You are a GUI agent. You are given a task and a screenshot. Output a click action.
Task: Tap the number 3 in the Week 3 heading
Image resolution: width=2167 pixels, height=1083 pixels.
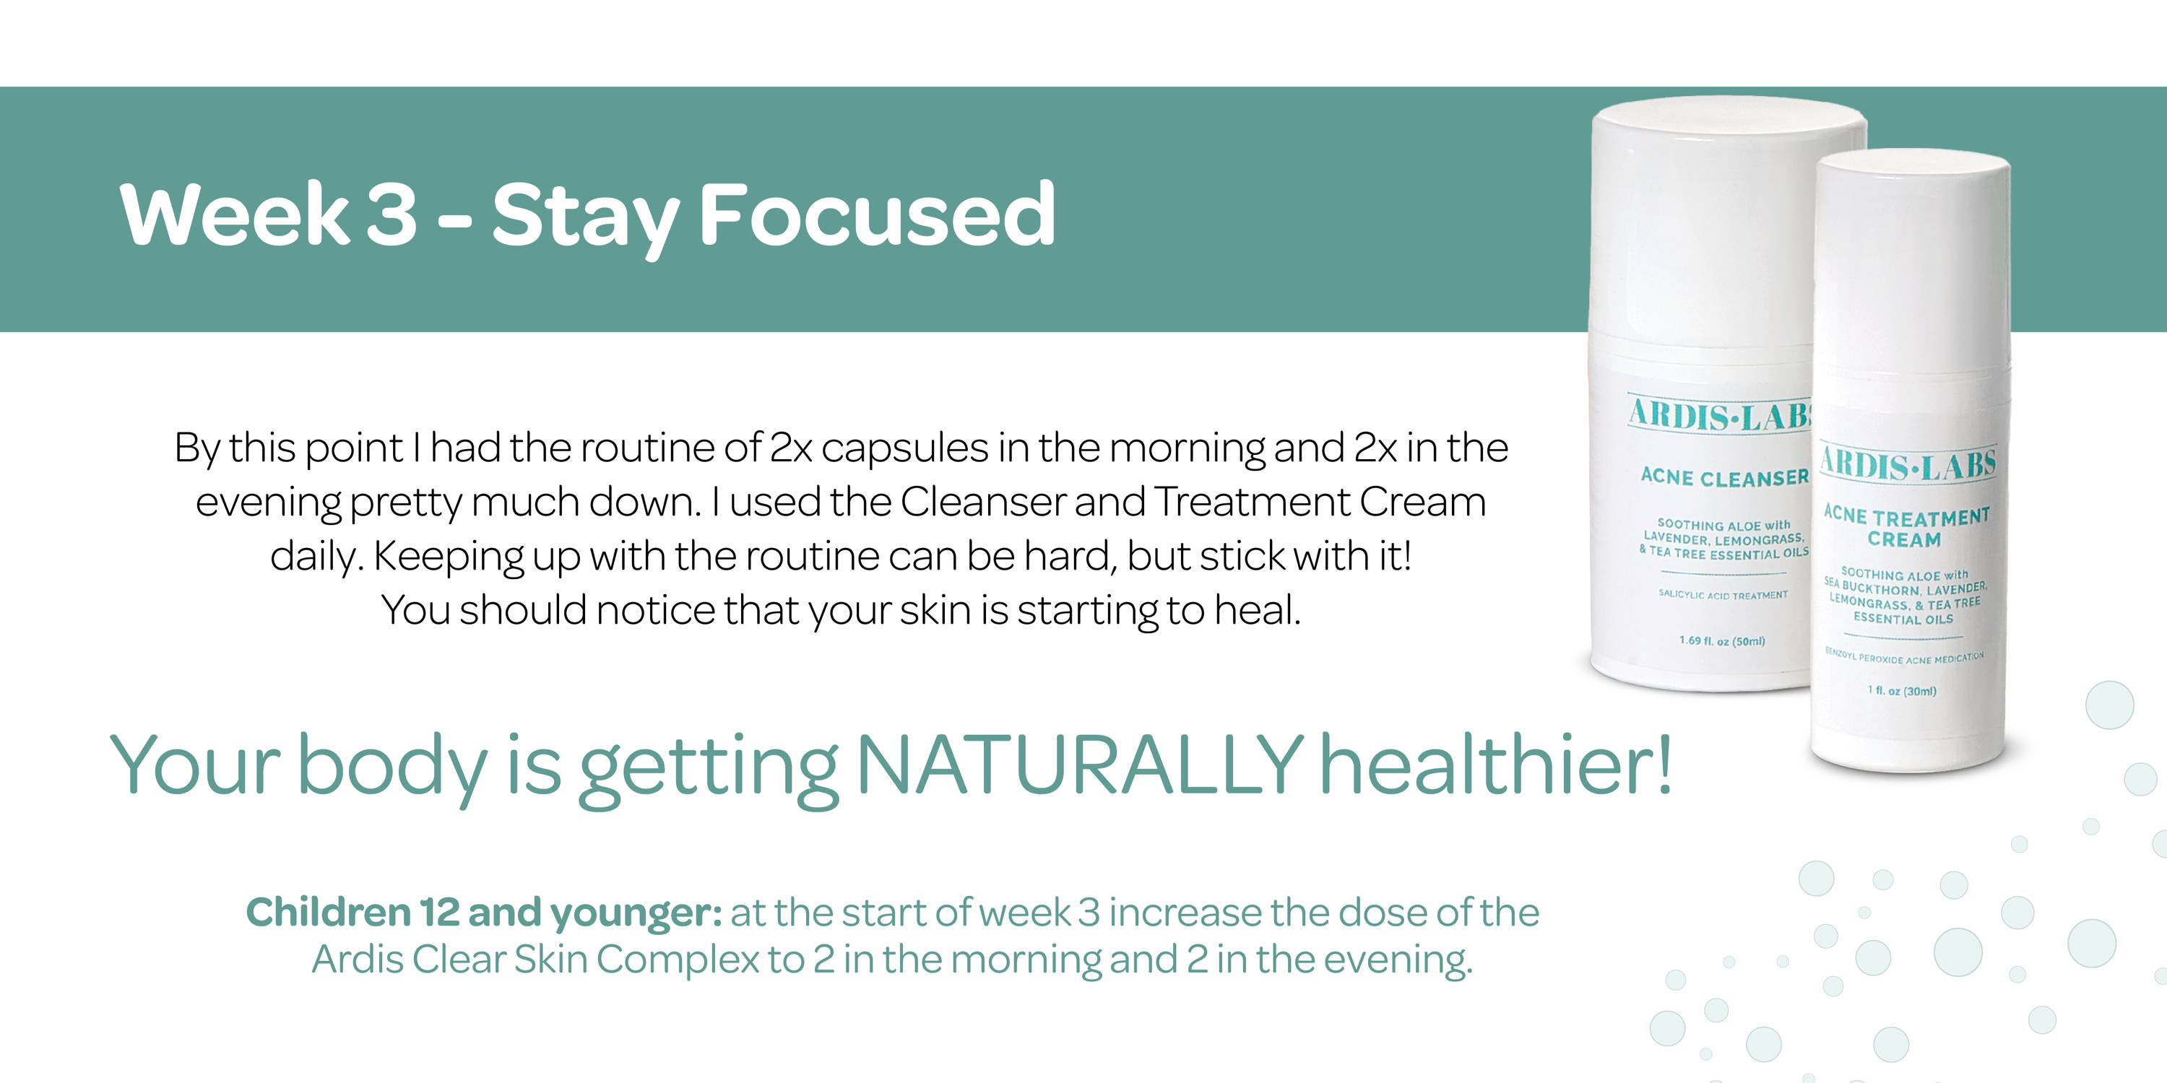(392, 214)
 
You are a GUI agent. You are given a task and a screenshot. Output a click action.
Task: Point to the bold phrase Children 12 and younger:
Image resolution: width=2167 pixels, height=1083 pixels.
(484, 913)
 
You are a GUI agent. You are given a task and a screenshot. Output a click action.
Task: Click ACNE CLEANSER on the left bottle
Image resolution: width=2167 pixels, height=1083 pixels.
(1724, 477)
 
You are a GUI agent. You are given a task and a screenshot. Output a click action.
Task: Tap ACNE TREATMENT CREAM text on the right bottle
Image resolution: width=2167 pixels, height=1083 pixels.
(1906, 526)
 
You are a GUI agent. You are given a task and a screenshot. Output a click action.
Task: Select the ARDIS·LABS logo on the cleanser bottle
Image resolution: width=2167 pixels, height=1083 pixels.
(1721, 414)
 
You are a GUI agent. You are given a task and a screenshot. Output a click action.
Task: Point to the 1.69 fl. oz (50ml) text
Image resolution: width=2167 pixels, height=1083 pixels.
(1722, 640)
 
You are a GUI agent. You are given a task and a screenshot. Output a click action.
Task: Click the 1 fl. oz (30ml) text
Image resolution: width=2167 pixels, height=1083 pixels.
(1902, 690)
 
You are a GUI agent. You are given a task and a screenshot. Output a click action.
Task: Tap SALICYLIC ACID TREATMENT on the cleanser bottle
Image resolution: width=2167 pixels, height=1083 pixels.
(1723, 594)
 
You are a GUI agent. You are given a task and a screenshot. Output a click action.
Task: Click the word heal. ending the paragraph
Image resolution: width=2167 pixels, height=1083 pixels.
(1258, 609)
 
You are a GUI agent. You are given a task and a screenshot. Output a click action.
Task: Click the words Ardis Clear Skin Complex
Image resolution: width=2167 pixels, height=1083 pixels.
(536, 960)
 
